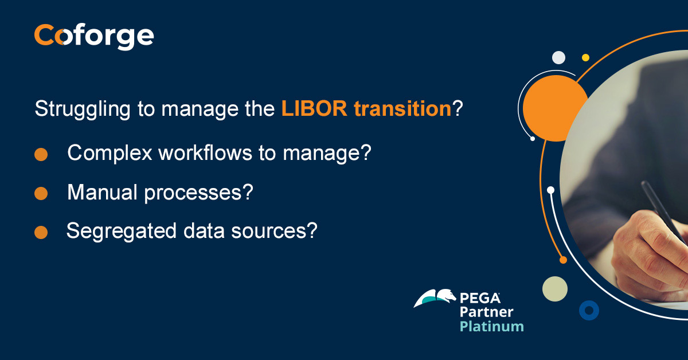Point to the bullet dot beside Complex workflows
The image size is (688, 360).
41,155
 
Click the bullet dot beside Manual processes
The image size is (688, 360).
41,194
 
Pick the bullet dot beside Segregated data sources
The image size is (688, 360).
41,232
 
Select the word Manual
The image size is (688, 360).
103,193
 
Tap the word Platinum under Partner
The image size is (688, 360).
492,326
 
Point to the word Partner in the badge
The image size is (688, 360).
487,312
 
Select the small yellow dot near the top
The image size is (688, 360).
585,57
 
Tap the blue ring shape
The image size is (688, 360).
589,310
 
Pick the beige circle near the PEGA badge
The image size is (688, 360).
554,289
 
